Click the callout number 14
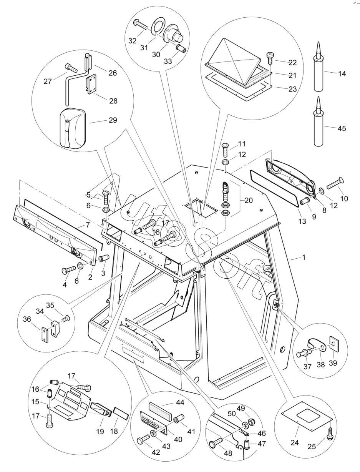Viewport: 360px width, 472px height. (x=341, y=73)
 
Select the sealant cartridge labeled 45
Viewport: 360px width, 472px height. (x=318, y=123)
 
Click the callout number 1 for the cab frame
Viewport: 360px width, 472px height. (x=304, y=257)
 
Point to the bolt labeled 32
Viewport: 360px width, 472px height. (x=141, y=25)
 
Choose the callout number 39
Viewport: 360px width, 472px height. (x=333, y=363)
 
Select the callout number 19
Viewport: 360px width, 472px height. (x=100, y=432)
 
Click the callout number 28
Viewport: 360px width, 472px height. (x=113, y=101)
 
